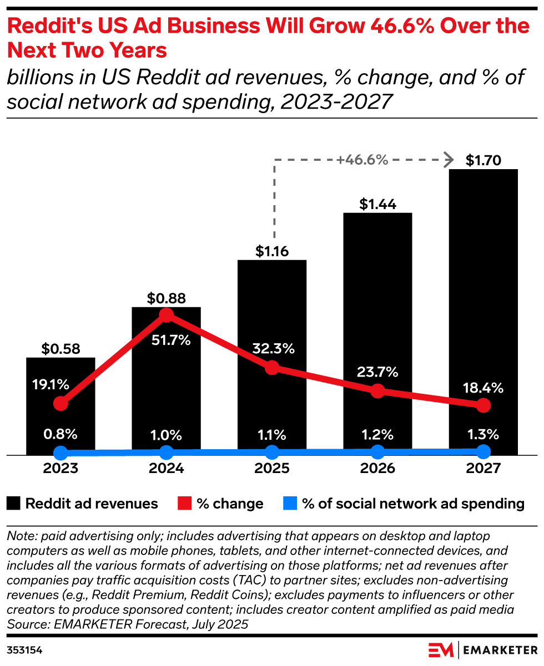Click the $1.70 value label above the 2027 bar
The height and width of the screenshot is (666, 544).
click(483, 161)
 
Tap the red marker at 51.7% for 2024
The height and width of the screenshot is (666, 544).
click(166, 315)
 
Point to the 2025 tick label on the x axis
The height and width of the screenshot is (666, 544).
click(272, 469)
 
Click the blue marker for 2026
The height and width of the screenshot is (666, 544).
click(377, 451)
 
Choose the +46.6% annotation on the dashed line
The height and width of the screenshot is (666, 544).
click(361, 160)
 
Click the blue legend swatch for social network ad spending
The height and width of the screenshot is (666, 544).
click(290, 504)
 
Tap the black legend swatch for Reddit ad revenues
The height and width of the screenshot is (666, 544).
click(14, 504)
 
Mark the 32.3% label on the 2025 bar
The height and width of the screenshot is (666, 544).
click(272, 349)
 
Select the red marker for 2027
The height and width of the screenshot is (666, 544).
click(483, 405)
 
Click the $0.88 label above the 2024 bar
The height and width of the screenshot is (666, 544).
click(166, 298)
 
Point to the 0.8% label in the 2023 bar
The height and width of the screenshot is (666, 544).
click(61, 434)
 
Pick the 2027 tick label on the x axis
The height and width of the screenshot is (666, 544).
click(483, 469)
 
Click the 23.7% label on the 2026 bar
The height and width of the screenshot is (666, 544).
click(377, 372)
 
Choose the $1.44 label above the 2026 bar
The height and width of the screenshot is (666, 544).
click(377, 205)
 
